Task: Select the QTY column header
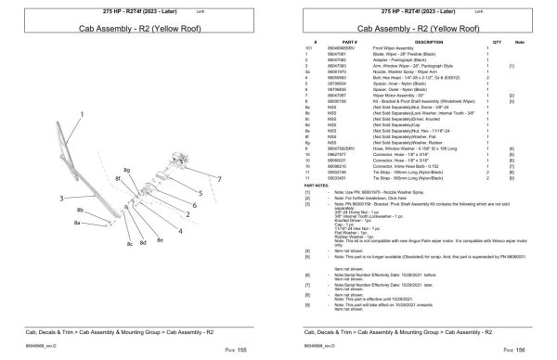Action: [x=496, y=43]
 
